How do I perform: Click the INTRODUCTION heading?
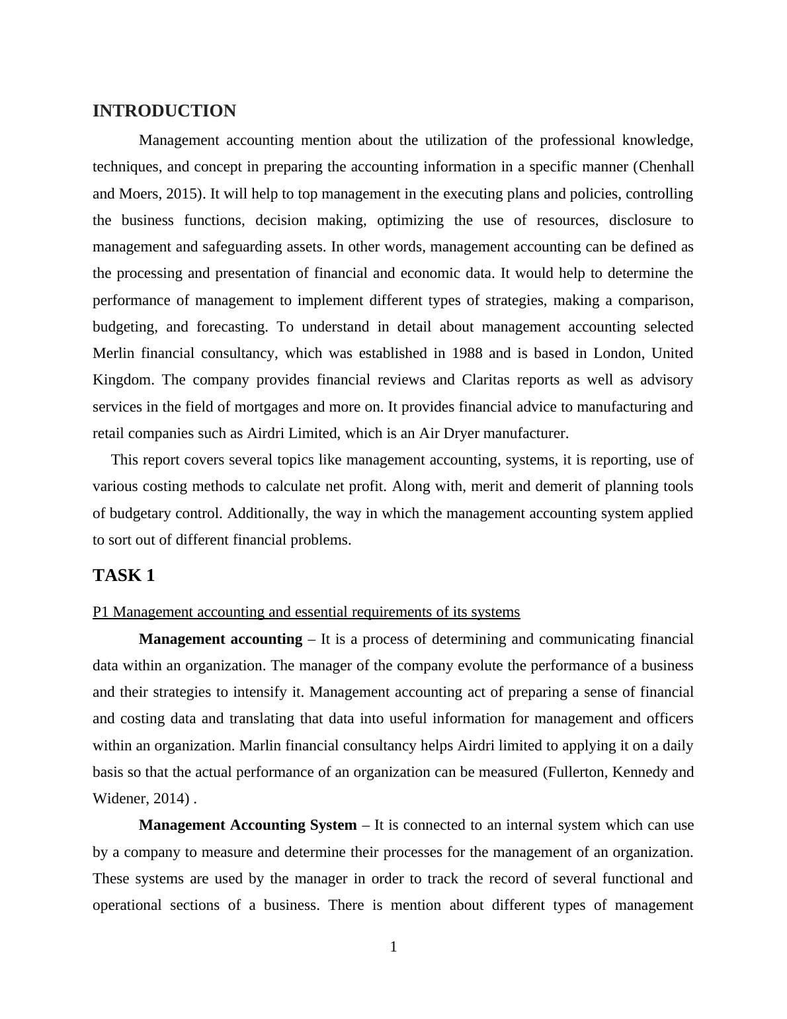point(164,111)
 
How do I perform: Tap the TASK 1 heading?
point(124,576)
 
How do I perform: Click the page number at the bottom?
point(393,947)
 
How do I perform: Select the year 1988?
point(467,353)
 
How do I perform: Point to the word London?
point(618,353)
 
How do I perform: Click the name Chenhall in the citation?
point(666,167)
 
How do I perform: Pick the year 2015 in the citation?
point(183,194)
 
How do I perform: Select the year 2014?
point(171,799)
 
